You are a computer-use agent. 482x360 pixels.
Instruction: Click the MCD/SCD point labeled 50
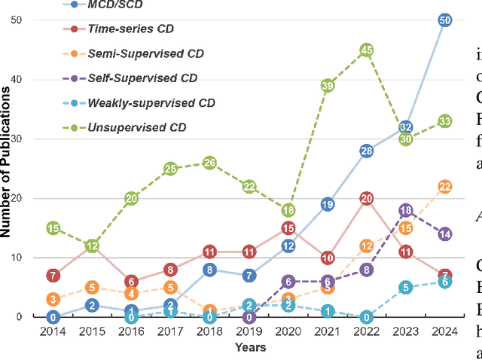445,20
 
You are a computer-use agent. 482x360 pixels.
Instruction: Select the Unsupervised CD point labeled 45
367,50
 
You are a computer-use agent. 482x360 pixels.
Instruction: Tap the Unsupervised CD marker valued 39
328,86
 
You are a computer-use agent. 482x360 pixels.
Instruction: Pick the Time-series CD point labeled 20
367,199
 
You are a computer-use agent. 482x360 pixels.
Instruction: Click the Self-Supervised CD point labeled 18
406,211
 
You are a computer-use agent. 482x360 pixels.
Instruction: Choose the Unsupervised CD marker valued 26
209,163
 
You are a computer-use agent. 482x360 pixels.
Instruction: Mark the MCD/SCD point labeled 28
367,151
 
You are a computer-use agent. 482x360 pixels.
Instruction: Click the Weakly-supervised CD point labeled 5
406,287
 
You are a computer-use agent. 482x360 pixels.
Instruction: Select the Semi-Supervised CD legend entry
136,53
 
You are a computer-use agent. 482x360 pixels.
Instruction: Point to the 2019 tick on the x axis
249,332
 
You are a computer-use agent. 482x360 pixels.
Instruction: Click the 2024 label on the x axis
445,332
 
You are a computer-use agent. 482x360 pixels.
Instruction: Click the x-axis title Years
249,348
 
